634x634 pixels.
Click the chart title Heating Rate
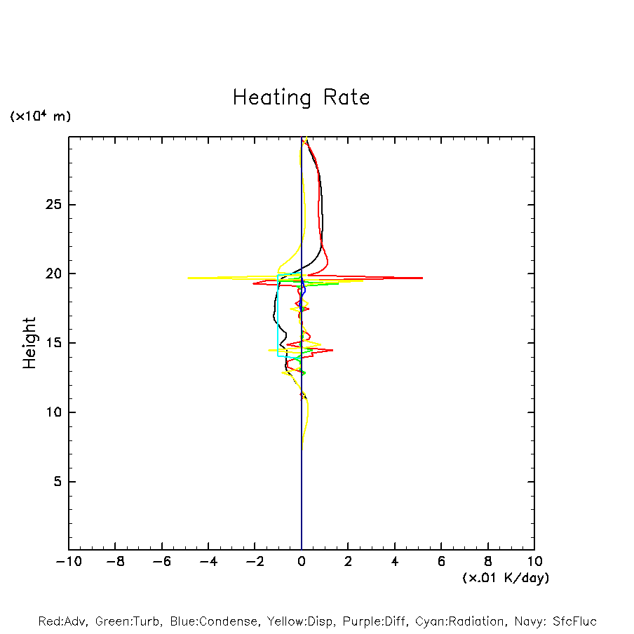(301, 97)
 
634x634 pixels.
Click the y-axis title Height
(29, 343)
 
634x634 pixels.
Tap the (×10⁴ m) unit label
(40, 116)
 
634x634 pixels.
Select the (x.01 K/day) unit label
(505, 578)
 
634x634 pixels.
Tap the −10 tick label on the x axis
(67, 562)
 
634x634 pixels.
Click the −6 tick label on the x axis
(161, 562)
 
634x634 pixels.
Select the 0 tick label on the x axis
(302, 562)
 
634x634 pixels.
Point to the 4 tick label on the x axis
(395, 562)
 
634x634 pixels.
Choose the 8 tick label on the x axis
(488, 562)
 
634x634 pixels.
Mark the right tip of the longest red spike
(422, 278)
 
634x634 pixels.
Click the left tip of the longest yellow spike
(188, 278)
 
